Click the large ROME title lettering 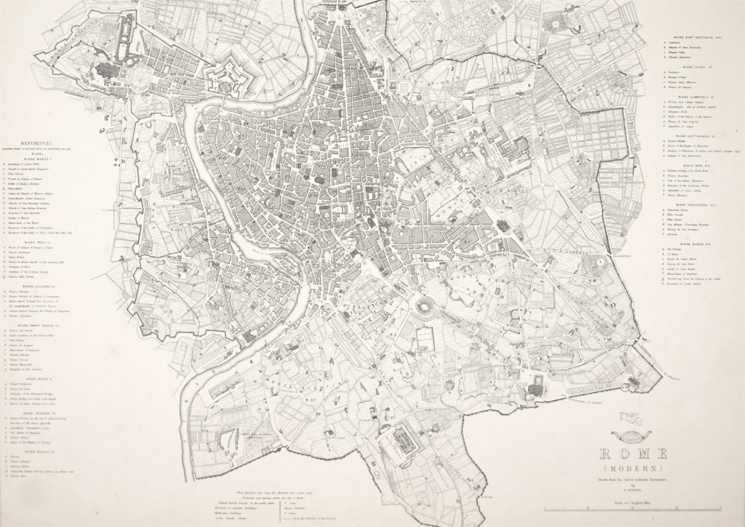[633, 454]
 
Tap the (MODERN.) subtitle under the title [633, 469]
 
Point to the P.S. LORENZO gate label [621, 255]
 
